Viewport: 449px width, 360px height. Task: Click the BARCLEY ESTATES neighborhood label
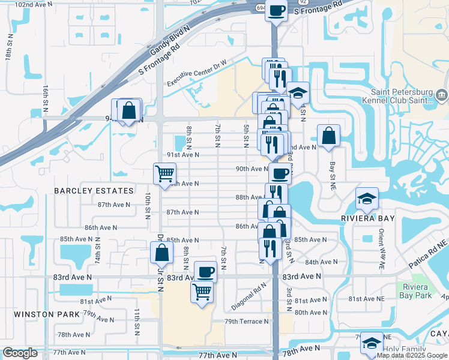(94, 191)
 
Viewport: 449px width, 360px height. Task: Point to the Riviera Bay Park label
(414, 291)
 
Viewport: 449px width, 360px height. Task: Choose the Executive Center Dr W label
(197, 72)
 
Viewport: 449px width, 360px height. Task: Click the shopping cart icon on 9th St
(164, 174)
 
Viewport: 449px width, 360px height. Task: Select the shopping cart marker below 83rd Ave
(202, 292)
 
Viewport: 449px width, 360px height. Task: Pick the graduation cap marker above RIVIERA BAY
(367, 198)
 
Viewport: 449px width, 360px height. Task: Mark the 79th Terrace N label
(247, 322)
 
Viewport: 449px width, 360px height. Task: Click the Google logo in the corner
(20, 353)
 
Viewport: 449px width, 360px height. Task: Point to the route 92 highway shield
(303, 2)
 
